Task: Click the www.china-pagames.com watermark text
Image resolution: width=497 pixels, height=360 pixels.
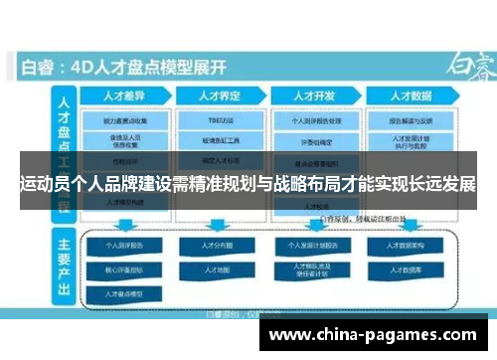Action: [x=378, y=336]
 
